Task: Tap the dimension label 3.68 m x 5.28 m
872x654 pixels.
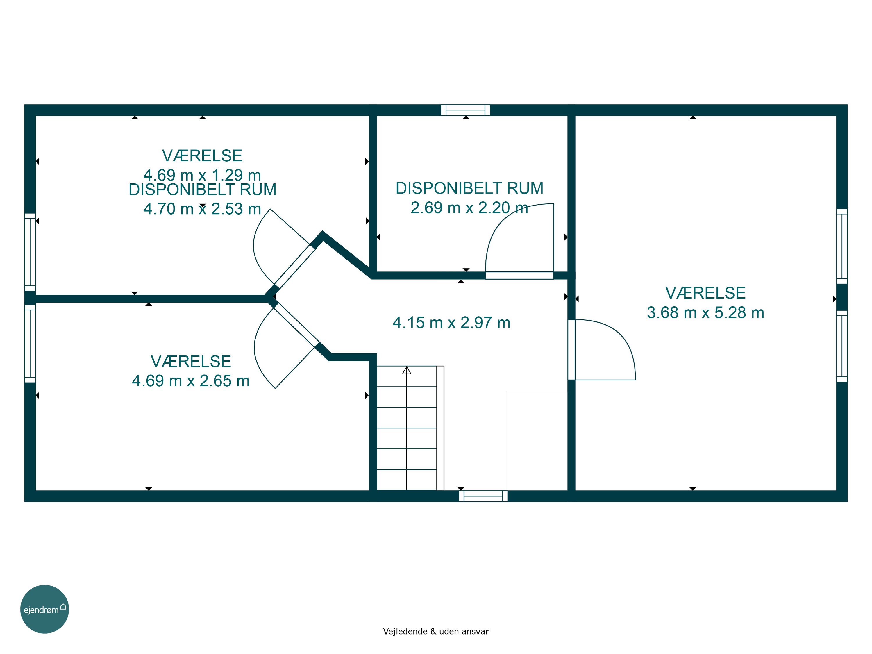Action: click(x=705, y=312)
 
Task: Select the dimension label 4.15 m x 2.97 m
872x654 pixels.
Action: click(x=451, y=322)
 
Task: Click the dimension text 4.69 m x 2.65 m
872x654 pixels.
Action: click(x=191, y=381)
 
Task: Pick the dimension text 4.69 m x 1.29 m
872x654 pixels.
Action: click(x=202, y=175)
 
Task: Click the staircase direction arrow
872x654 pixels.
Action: click(x=406, y=370)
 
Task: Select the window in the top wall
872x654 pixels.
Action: click(x=465, y=110)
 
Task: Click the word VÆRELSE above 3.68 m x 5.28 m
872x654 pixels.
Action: click(x=705, y=293)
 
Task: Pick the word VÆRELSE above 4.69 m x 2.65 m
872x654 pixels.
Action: click(x=191, y=362)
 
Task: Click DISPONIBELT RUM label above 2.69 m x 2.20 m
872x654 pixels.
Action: click(x=469, y=188)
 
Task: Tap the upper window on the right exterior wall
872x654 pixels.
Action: click(x=842, y=246)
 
